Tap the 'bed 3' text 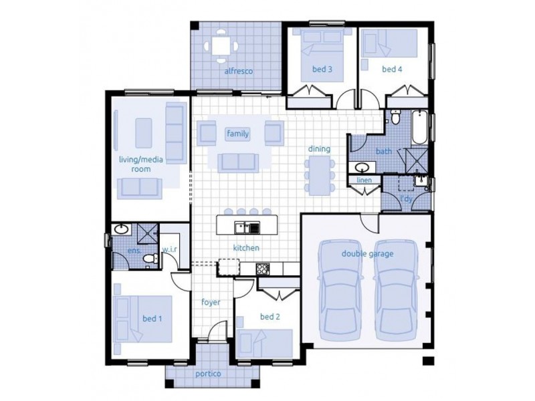click(x=322, y=69)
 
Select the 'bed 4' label click(x=393, y=69)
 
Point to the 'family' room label click(x=237, y=134)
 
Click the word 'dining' click(x=318, y=149)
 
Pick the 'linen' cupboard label click(x=364, y=180)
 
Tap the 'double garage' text click(x=367, y=253)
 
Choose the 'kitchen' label click(x=246, y=248)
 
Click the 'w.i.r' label click(x=169, y=250)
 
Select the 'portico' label click(x=209, y=374)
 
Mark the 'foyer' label click(x=211, y=302)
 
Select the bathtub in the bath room click(x=419, y=127)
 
